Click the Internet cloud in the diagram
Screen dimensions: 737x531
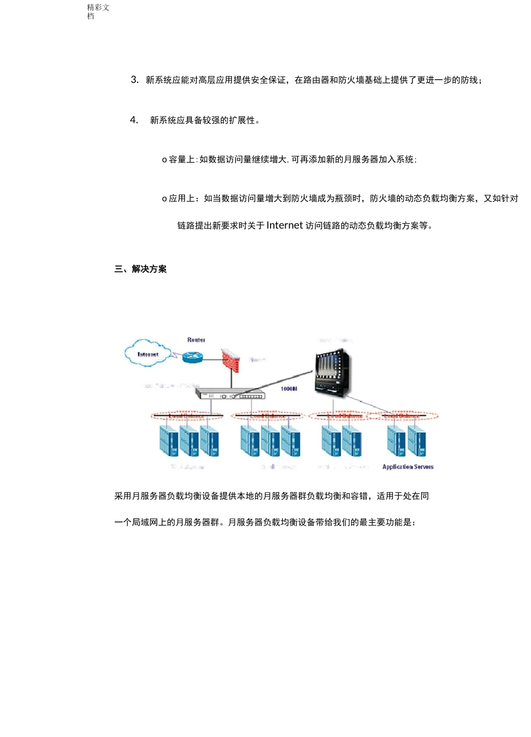coord(147,353)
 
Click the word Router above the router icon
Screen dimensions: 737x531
coord(196,340)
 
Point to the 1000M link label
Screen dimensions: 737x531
coord(289,389)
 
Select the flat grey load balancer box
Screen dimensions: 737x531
coord(230,395)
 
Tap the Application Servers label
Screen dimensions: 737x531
coord(407,467)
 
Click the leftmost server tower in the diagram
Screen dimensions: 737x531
coord(168,441)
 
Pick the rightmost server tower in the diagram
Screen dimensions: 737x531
coord(417,441)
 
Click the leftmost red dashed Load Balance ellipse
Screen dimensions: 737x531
coord(187,416)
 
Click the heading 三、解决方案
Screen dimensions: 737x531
coord(140,269)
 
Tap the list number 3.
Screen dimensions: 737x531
coord(134,80)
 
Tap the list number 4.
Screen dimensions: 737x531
coord(134,120)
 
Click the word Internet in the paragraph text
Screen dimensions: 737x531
coord(285,225)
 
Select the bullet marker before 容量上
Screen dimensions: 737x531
coord(164,160)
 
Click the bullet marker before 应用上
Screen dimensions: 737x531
coord(164,199)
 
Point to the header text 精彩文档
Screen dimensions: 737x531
coord(98,11)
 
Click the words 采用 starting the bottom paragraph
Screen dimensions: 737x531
coord(123,496)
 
